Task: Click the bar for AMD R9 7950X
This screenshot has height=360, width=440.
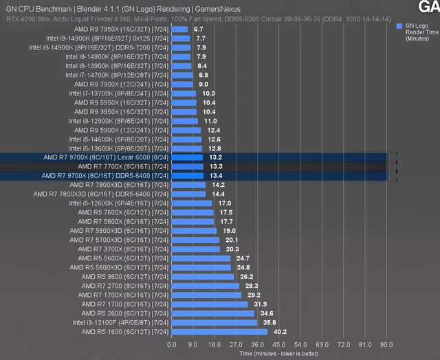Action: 179,30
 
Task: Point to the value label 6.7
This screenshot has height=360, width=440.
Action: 199,30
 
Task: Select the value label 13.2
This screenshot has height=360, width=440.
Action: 215,157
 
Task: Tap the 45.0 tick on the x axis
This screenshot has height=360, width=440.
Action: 279,344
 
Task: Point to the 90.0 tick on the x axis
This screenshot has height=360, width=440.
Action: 386,344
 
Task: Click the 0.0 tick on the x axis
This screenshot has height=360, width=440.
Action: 172,344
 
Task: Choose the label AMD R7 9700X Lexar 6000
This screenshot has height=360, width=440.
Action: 105,157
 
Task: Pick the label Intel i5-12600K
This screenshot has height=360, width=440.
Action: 118,203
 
